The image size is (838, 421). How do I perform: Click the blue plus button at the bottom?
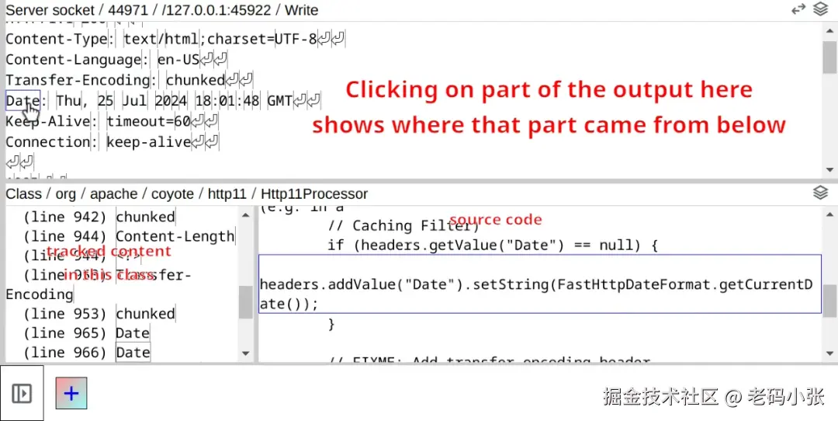[71, 393]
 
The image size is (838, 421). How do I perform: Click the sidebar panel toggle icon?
[22, 393]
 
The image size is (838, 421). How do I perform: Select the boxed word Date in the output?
[22, 101]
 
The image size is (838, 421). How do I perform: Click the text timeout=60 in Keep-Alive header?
[148, 121]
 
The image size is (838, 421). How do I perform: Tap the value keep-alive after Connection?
[148, 142]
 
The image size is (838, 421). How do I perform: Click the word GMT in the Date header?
[279, 101]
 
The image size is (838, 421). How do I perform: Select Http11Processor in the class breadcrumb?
[313, 193]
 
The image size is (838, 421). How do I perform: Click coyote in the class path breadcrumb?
[173, 193]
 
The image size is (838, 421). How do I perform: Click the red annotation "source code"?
[495, 220]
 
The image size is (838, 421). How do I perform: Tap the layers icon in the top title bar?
[820, 9]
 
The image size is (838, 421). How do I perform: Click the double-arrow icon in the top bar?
[798, 9]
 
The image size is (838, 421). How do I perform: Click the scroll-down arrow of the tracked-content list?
[246, 353]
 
